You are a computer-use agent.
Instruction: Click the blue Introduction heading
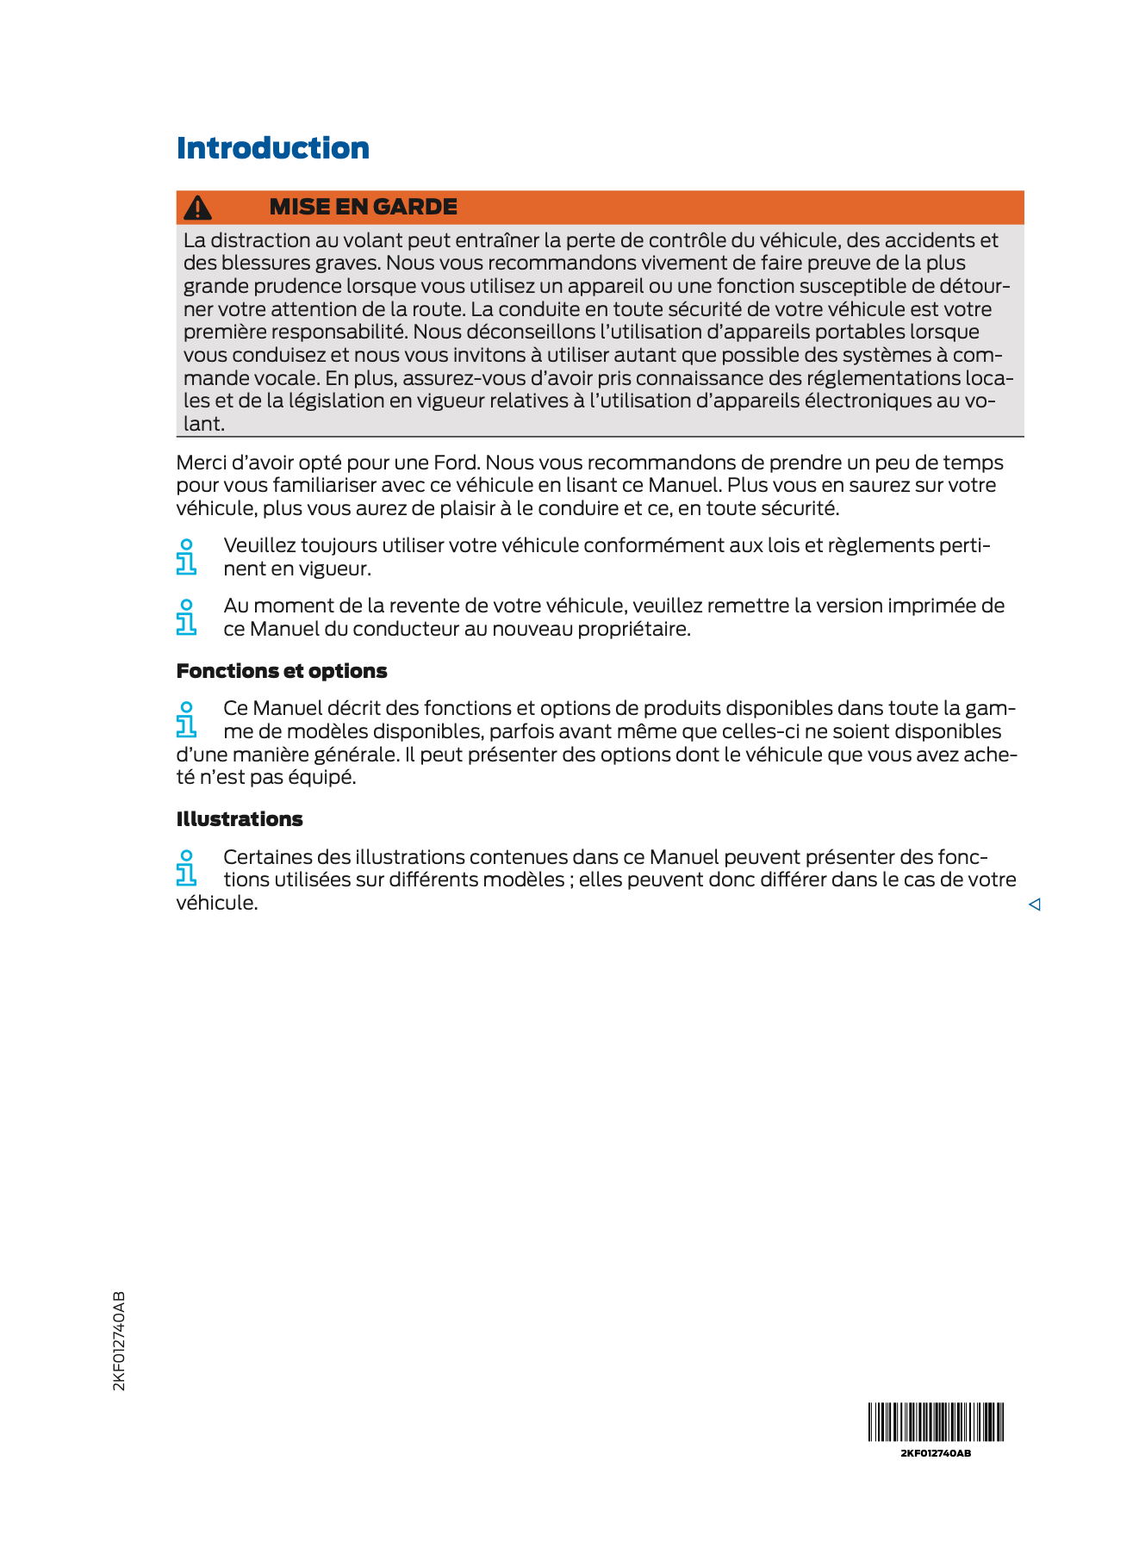pyautogui.click(x=272, y=148)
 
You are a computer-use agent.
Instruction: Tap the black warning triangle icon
pyautogui.click(x=198, y=208)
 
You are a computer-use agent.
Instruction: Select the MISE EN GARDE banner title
pyautogui.click(x=363, y=207)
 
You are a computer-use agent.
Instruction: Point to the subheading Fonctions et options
pyautogui.click(x=282, y=671)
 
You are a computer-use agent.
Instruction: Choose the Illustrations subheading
pyautogui.click(x=240, y=819)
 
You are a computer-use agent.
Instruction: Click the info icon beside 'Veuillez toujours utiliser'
pyautogui.click(x=186, y=556)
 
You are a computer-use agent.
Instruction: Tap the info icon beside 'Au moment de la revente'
pyautogui.click(x=186, y=617)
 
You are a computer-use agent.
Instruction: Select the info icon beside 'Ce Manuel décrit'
pyautogui.click(x=186, y=719)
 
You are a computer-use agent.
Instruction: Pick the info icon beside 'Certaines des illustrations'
pyautogui.click(x=186, y=867)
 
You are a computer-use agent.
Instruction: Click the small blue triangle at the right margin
pyautogui.click(x=1035, y=904)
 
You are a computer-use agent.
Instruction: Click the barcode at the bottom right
pyautogui.click(x=936, y=1421)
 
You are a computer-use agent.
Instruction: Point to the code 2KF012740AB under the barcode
pyautogui.click(x=936, y=1453)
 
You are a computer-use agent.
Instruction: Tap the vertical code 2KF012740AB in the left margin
pyautogui.click(x=119, y=1340)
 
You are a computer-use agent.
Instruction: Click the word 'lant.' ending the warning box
pyautogui.click(x=204, y=424)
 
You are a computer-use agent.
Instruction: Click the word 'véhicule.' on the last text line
pyautogui.click(x=217, y=903)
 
